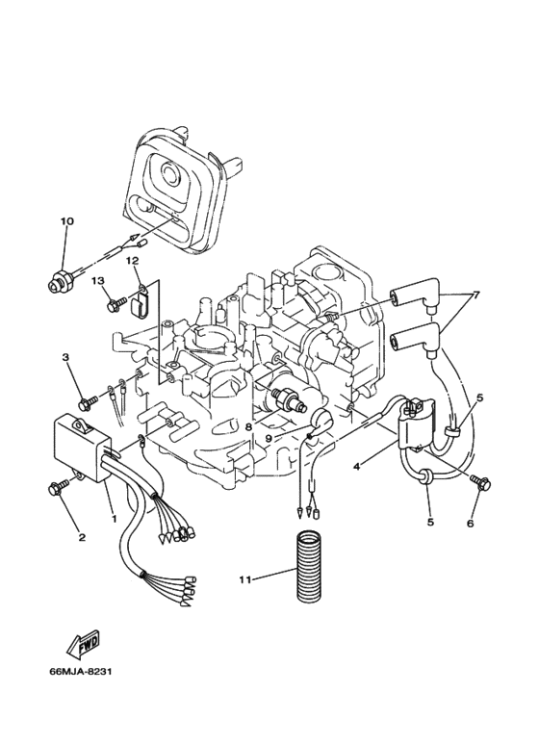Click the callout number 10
(66, 222)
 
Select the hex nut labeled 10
(57, 283)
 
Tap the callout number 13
(97, 280)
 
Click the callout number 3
(66, 358)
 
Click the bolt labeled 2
(55, 490)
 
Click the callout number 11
(245, 579)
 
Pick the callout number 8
(248, 424)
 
